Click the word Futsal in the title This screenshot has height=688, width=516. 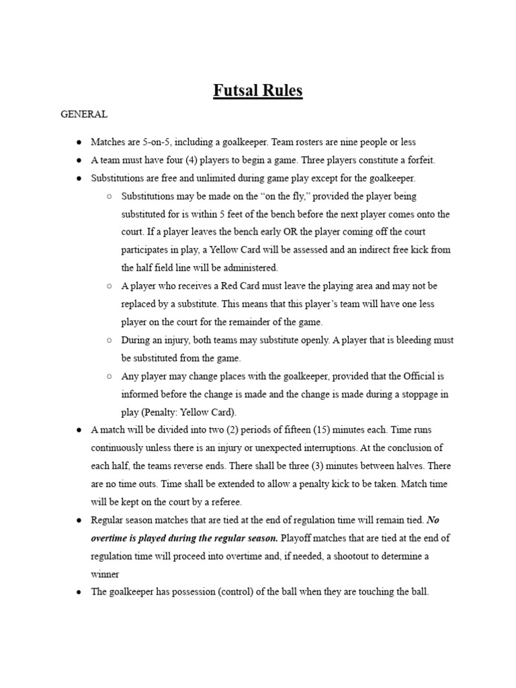point(235,91)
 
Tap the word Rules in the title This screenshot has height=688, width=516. point(282,91)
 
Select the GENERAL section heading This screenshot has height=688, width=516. point(84,114)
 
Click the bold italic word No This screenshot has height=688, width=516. point(433,520)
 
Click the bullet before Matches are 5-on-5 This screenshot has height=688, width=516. point(79,142)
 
